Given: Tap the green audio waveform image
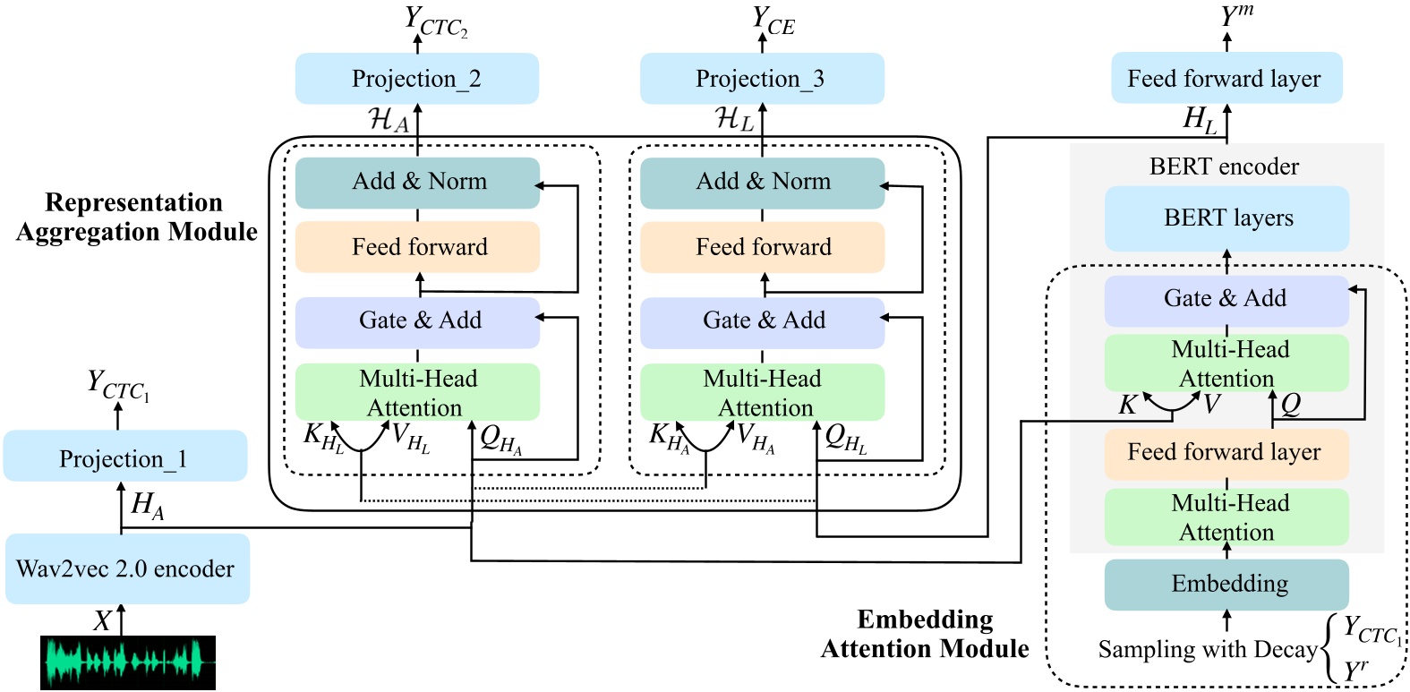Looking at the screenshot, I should pos(127,662).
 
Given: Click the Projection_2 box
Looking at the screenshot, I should pos(417,79).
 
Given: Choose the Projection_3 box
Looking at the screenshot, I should pos(762,79).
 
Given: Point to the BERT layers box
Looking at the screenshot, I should pos(1226,218).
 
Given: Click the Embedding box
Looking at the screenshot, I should pos(1226,585).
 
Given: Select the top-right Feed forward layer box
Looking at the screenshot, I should pos(1226,79).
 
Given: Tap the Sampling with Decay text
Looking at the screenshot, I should pos(1208,649).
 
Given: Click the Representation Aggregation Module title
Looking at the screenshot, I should pos(136,218).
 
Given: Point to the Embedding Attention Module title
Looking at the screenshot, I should pos(925,634).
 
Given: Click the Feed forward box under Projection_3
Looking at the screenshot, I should pos(762,247).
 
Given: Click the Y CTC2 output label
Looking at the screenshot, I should pos(435,21).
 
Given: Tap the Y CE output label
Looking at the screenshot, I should pos(773,21).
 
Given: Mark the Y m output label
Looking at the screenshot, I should pos(1236,16).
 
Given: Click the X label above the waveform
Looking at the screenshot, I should pos(102,620).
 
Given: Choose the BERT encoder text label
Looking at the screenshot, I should pos(1224,167).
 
